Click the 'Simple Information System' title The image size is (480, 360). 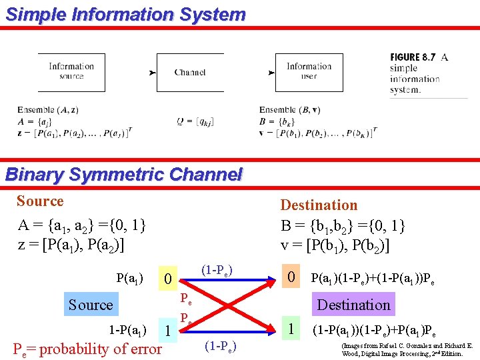[125, 14]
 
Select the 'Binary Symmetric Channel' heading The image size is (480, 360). [123, 175]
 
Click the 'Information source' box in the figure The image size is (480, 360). [71, 71]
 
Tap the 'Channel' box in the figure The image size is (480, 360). [190, 72]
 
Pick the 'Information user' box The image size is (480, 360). [309, 71]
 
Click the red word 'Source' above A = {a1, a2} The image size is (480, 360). [40, 201]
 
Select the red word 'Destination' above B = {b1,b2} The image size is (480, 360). [319, 205]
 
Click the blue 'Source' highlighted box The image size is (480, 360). [91, 305]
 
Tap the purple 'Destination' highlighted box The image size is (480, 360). [353, 305]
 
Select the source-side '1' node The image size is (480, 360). [169, 329]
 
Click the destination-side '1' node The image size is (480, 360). [290, 328]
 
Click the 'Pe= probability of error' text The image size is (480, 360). [87, 349]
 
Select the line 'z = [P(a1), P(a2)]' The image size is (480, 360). [81, 244]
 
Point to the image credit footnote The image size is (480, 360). [407, 350]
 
